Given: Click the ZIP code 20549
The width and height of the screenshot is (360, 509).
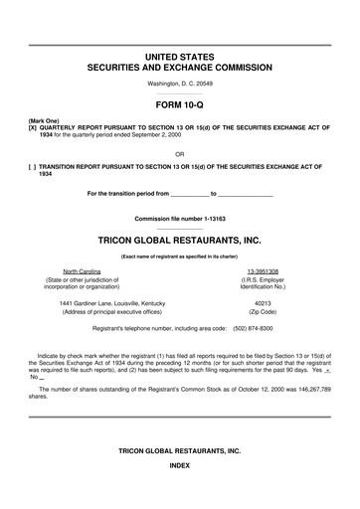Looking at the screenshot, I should coord(200,84).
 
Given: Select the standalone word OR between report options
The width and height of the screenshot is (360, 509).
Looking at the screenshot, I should coord(179,153).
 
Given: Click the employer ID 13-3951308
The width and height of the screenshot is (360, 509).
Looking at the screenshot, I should coord(263,270).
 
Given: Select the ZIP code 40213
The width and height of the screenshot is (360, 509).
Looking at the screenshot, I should coord(263,302).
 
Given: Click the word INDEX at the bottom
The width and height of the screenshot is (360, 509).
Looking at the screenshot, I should coord(179,465).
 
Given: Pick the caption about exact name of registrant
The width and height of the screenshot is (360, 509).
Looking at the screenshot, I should coord(179,256).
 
